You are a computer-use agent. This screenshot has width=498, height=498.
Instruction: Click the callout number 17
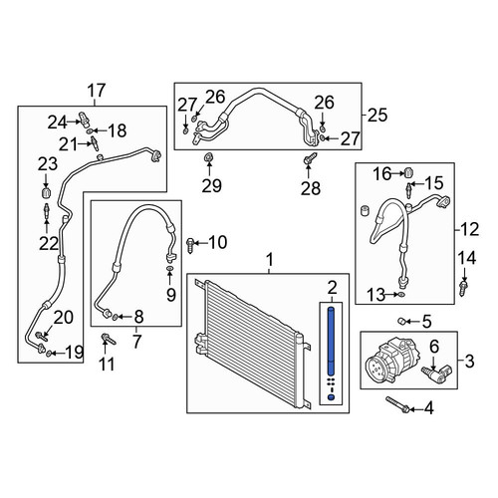[97, 91]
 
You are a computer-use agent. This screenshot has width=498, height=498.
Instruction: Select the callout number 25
[378, 115]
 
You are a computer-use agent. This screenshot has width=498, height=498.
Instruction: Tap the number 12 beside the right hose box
[470, 229]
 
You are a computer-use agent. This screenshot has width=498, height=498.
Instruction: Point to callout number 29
[212, 185]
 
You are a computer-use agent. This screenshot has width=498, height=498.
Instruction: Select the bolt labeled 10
[190, 244]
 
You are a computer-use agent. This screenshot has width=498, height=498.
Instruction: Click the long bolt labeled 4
[397, 404]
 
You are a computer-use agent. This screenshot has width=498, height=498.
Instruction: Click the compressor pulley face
[376, 369]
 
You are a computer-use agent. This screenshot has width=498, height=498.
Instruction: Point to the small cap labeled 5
[401, 321]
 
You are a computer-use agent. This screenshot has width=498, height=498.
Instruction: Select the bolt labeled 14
[463, 288]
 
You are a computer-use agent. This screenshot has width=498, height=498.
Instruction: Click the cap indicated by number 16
[409, 172]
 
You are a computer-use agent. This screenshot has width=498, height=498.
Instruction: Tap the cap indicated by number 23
[46, 192]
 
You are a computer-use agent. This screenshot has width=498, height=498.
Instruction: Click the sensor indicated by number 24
[83, 120]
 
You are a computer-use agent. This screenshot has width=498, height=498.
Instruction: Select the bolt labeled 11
[109, 339]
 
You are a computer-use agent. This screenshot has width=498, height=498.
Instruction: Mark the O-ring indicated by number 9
[169, 268]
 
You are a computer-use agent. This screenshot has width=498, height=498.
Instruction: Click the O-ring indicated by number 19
[49, 353]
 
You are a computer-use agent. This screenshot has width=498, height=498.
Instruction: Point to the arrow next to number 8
[124, 317]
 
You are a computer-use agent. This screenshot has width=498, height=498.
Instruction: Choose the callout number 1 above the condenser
[270, 259]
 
